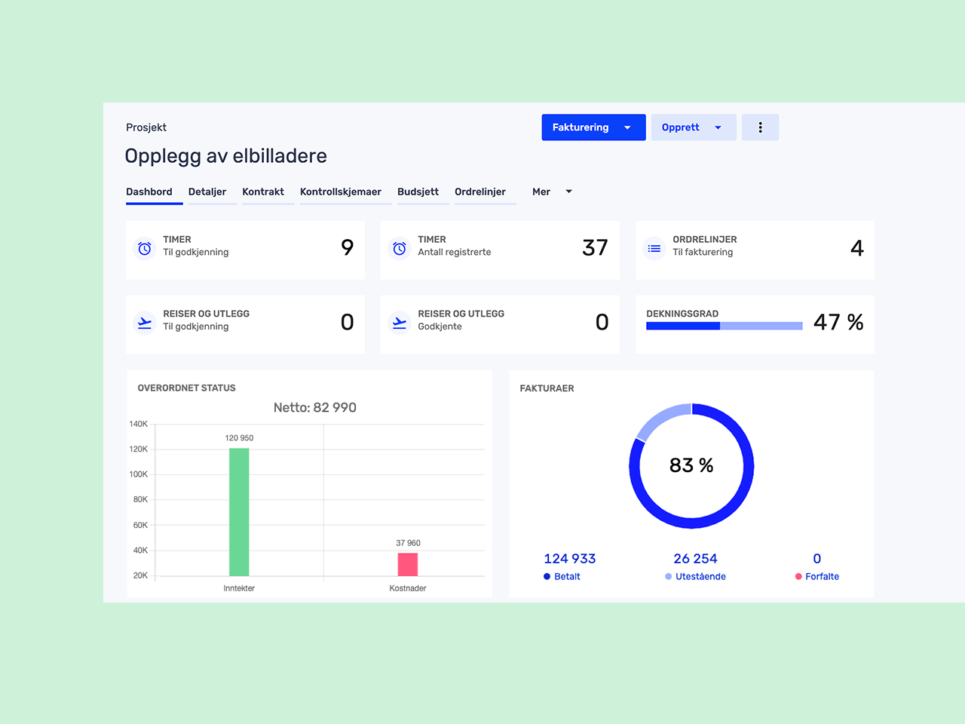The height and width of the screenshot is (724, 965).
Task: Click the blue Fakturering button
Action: click(593, 127)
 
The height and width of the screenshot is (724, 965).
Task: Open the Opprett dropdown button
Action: click(693, 127)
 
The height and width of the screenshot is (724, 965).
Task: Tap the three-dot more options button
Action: click(760, 127)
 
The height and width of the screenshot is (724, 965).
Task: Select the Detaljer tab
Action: click(207, 192)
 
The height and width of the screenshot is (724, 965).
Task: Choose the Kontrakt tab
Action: click(263, 192)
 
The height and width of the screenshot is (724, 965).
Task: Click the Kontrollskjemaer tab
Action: click(341, 192)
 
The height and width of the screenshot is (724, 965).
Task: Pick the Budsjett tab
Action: click(418, 192)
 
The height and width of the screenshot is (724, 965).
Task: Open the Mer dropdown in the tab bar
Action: click(552, 192)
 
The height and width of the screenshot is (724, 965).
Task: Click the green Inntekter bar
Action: click(239, 513)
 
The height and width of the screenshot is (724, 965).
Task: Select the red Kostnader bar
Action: click(408, 564)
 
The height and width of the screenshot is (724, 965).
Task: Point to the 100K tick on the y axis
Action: click(139, 474)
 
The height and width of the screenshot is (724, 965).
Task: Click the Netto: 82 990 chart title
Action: click(315, 407)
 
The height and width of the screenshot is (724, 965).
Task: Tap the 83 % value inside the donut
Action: click(691, 465)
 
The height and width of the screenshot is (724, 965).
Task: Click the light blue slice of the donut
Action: click(660, 419)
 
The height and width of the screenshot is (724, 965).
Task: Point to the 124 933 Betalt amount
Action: click(570, 559)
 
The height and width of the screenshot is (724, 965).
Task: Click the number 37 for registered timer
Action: click(595, 247)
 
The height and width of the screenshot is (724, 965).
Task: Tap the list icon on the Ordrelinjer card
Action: click(654, 248)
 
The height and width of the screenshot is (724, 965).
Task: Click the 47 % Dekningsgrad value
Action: click(838, 322)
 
